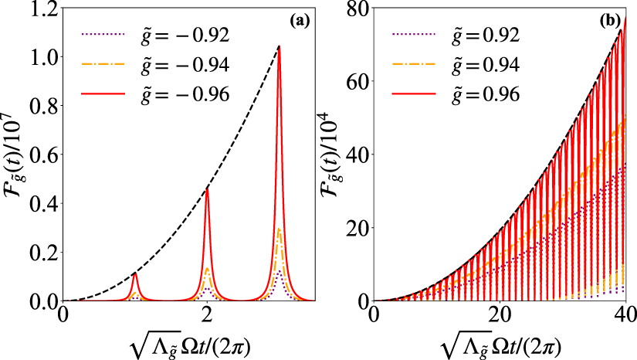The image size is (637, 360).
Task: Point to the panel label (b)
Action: point(610,22)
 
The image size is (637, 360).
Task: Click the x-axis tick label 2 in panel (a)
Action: point(207,316)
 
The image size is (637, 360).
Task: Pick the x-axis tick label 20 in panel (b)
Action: point(499,316)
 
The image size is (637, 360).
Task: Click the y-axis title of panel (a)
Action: point(14,155)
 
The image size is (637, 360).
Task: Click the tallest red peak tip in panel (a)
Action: point(279,46)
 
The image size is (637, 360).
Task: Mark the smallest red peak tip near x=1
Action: point(135,273)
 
